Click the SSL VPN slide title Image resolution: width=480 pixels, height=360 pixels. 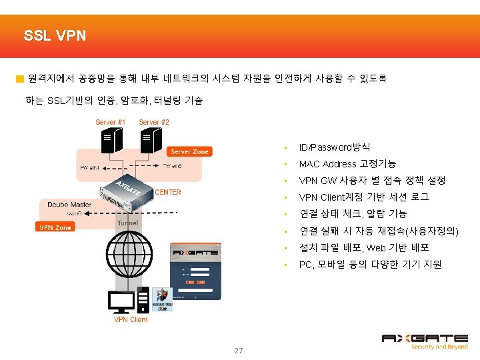point(55,35)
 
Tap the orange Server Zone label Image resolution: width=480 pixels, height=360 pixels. point(189,151)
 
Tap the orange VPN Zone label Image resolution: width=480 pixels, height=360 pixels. point(55,227)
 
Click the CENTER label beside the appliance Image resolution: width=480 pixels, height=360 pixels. point(168,192)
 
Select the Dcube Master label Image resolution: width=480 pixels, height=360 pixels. point(70,204)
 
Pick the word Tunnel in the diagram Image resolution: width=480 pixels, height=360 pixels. point(127,223)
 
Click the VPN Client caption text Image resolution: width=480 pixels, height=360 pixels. point(130,319)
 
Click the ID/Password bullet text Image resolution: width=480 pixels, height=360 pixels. point(335,147)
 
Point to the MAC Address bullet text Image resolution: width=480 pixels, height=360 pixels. point(347,163)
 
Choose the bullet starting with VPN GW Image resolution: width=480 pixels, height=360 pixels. point(372,180)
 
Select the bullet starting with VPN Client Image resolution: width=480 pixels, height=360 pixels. point(364,197)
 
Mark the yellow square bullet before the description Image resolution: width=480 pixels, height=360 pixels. point(20,79)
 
